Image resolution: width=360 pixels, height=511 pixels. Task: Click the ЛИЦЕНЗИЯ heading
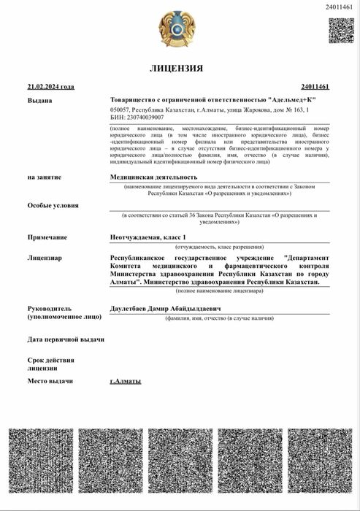tap(176, 69)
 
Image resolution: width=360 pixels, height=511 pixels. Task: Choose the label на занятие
tap(45, 177)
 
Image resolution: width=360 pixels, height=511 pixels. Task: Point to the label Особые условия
tap(53, 205)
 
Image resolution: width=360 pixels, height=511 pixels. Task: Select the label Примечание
tap(47, 237)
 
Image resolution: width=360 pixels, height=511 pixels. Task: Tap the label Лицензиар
tap(45, 258)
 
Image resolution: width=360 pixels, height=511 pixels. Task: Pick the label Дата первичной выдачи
tap(66, 339)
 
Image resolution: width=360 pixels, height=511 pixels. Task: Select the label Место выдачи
tap(50, 381)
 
